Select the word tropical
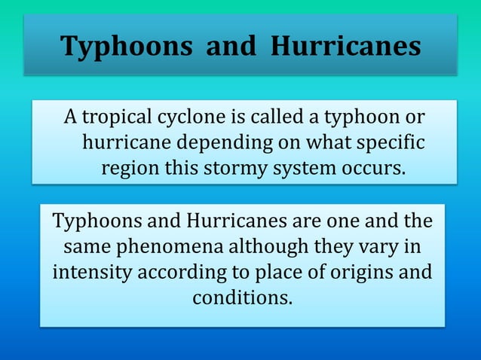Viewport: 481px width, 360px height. (x=117, y=118)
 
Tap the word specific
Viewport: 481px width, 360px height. (x=386, y=142)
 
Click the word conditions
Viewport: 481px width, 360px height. (x=241, y=297)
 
